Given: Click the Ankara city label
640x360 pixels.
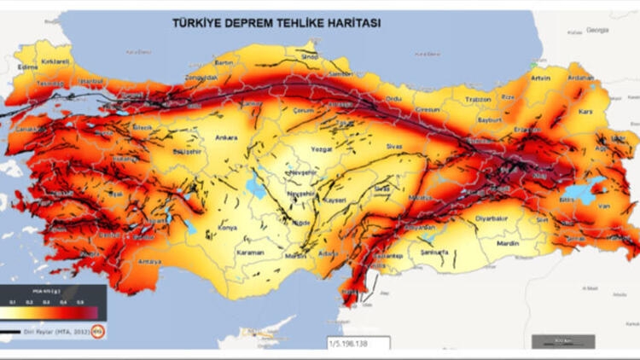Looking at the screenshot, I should [226, 136].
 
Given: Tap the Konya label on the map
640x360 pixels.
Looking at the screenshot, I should [228, 228].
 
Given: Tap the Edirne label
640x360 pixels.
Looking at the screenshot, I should [28, 67].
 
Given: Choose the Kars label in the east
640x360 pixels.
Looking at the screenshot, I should [585, 112].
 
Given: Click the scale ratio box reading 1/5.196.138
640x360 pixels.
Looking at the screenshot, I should [357, 342].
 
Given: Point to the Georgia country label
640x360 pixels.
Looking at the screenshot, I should [597, 29].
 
